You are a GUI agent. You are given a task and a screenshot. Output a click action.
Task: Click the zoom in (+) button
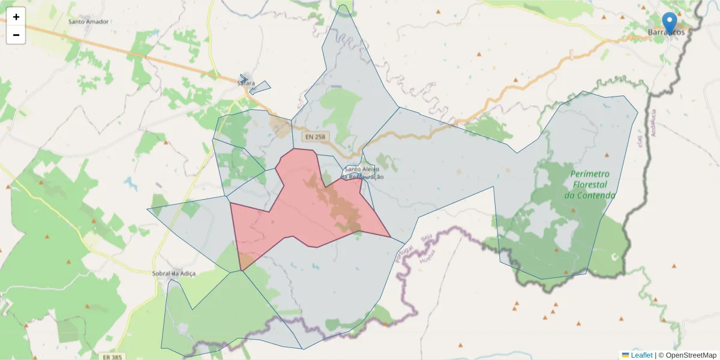coord(16,17)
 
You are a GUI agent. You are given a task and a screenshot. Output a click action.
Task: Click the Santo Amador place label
coord(88,22)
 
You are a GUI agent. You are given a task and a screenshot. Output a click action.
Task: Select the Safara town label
coord(247,83)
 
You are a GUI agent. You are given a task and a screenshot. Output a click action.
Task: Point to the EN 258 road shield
coord(315,137)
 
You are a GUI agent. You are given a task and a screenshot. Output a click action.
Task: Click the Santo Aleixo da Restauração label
coord(362,173)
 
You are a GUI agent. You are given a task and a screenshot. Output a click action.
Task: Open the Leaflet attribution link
coord(641,355)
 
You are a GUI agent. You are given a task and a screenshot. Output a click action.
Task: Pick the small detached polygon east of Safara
coord(260,88)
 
